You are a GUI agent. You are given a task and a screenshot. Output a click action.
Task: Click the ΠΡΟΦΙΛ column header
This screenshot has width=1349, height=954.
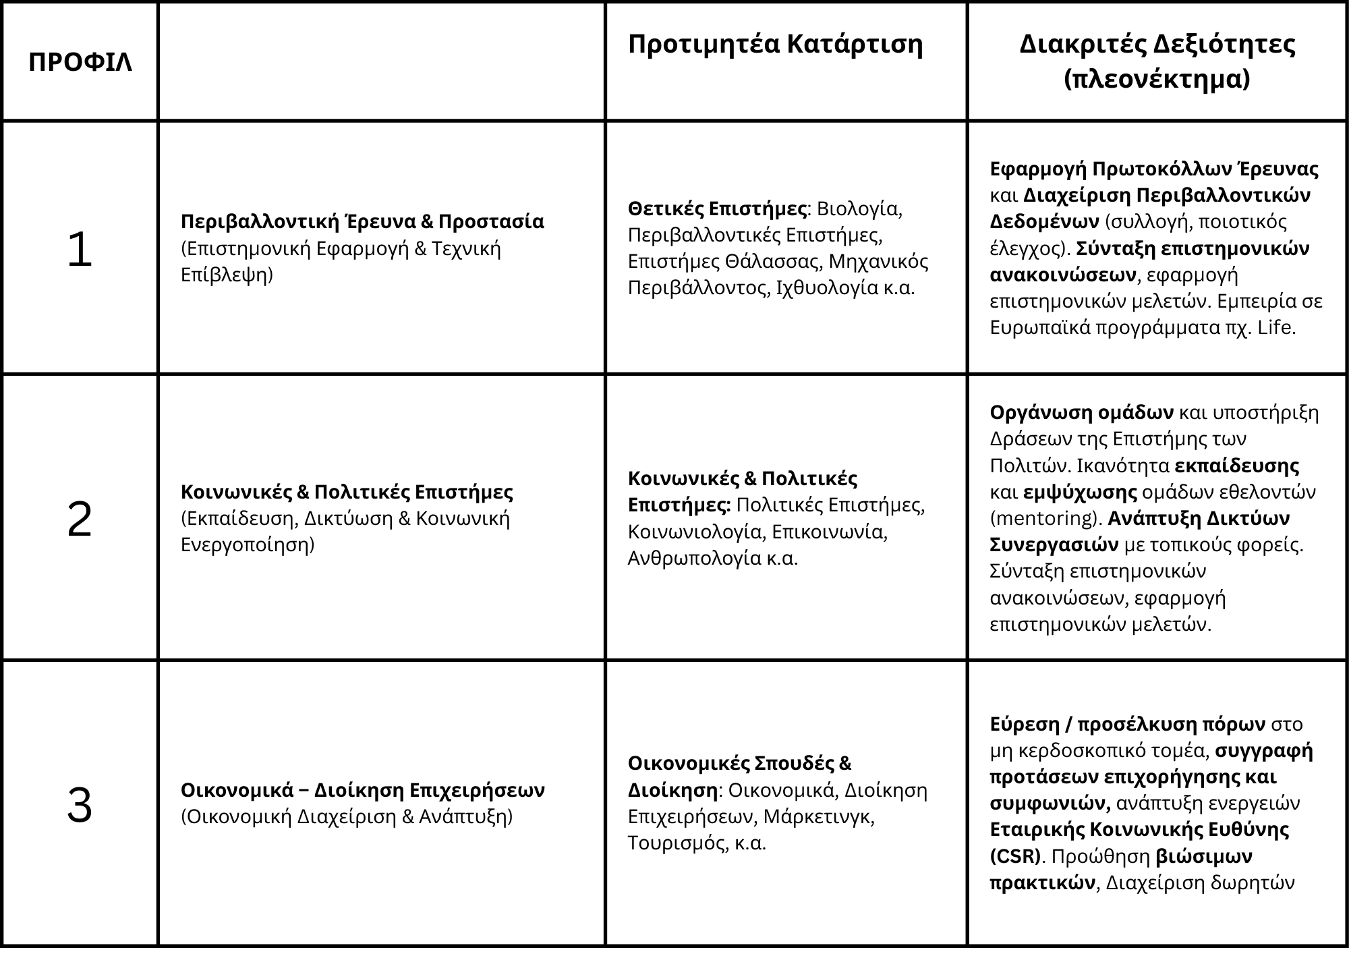[x=80, y=63]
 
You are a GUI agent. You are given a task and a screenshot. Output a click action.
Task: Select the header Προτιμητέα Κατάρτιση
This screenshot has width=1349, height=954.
[x=775, y=45]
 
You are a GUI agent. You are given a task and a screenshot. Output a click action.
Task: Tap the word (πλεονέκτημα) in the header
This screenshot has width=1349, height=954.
[x=1157, y=80]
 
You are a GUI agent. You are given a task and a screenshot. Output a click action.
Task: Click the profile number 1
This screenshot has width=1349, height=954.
[x=80, y=250]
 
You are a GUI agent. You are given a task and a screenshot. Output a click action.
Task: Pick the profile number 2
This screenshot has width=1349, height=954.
[x=80, y=520]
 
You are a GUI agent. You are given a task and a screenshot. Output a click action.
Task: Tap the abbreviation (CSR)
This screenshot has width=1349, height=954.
[x=1015, y=856]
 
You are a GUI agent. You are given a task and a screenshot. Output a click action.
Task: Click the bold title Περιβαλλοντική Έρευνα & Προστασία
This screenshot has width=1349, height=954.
[x=362, y=222]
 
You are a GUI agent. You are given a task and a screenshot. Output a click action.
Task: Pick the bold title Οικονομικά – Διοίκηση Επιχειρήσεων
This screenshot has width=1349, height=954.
[x=362, y=790]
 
